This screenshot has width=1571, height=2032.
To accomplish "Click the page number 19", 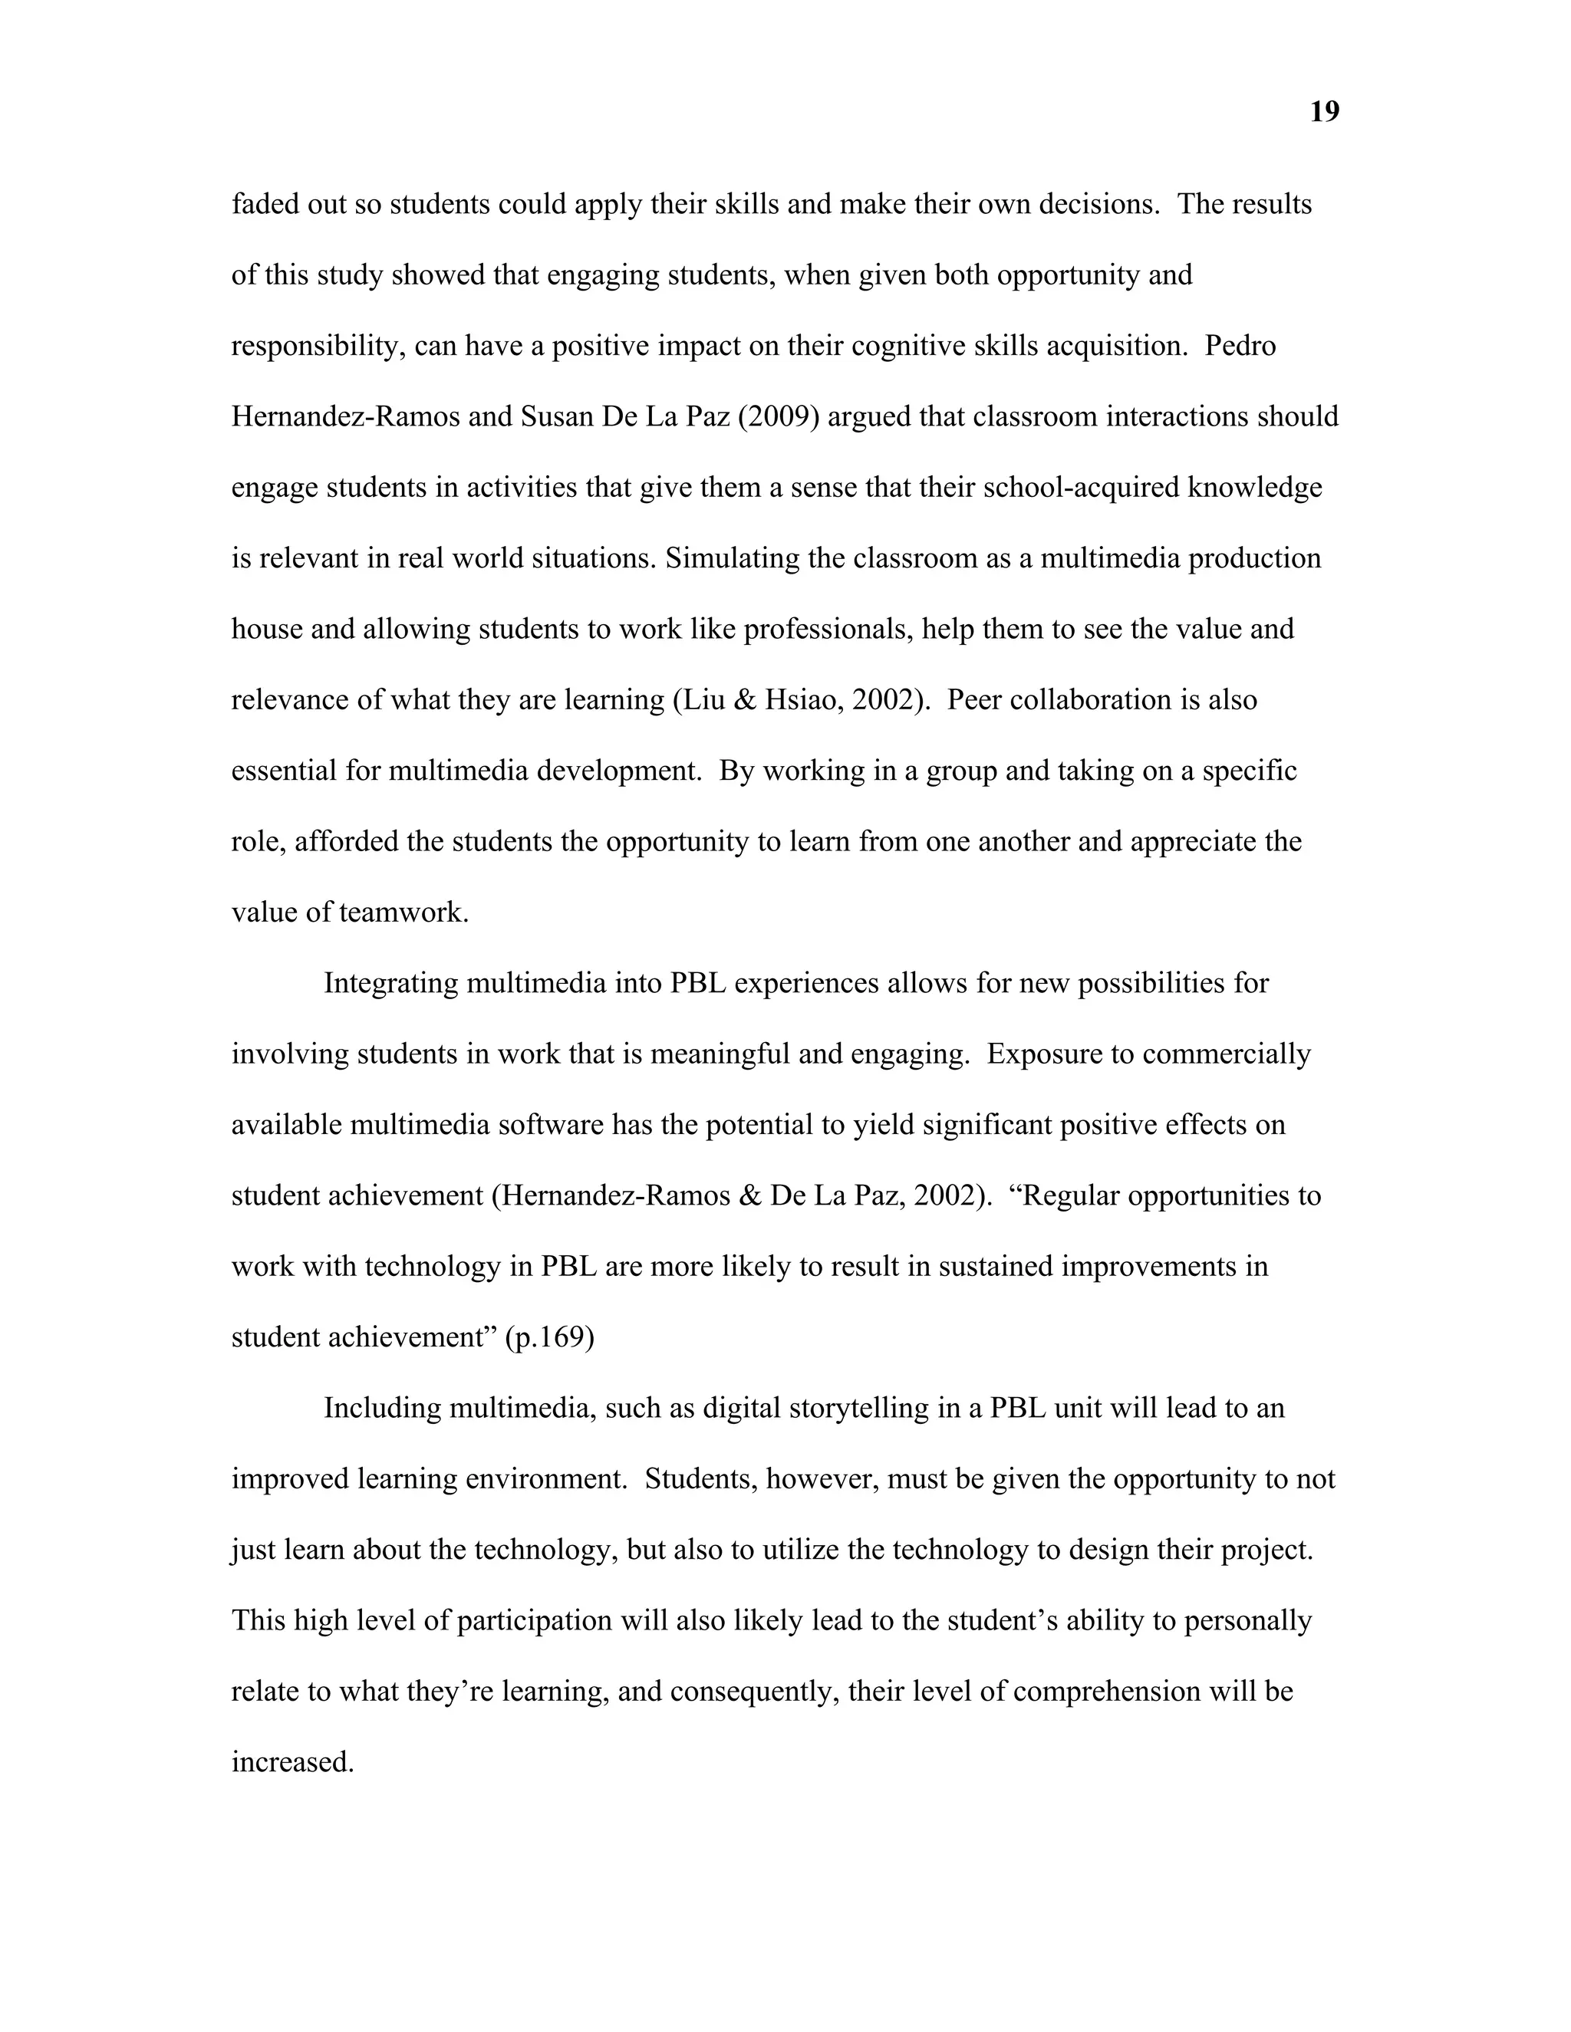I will [1323, 112].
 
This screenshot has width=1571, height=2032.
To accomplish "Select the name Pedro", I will [1240, 345].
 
